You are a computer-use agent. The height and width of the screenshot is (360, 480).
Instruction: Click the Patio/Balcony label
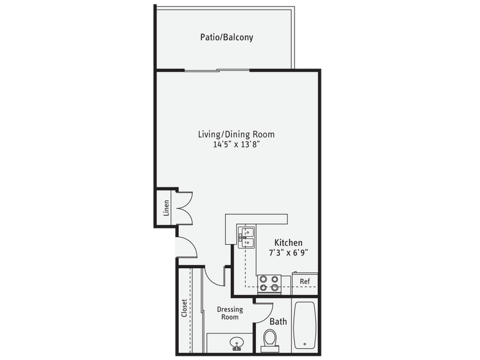coord(227,37)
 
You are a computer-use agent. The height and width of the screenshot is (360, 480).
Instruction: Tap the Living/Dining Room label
coord(236,134)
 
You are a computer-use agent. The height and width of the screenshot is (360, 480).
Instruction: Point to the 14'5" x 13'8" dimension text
coord(236,145)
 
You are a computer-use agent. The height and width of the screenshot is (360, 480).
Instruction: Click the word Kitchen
coord(288,242)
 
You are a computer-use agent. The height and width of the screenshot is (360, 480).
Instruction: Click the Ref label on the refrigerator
coord(304,282)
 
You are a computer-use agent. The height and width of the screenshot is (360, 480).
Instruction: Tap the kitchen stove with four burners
coord(269,282)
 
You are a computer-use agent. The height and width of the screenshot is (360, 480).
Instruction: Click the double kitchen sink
coord(247,237)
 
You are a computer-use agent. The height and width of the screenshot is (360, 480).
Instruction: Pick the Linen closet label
coord(166,208)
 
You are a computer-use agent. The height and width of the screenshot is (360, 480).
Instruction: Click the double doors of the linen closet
coord(184,208)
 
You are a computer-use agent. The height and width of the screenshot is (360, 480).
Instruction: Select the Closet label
coord(184,308)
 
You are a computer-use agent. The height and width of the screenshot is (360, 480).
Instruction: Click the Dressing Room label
coord(230,313)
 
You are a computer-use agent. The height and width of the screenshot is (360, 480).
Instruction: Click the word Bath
coord(278,321)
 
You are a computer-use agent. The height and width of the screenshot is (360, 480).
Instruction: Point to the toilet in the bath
coord(269,339)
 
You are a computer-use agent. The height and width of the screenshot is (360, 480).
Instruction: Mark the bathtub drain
coord(304,343)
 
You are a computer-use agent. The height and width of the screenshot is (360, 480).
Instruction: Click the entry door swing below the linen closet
coord(186,247)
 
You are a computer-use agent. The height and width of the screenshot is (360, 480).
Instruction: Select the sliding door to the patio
coord(217,70)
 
